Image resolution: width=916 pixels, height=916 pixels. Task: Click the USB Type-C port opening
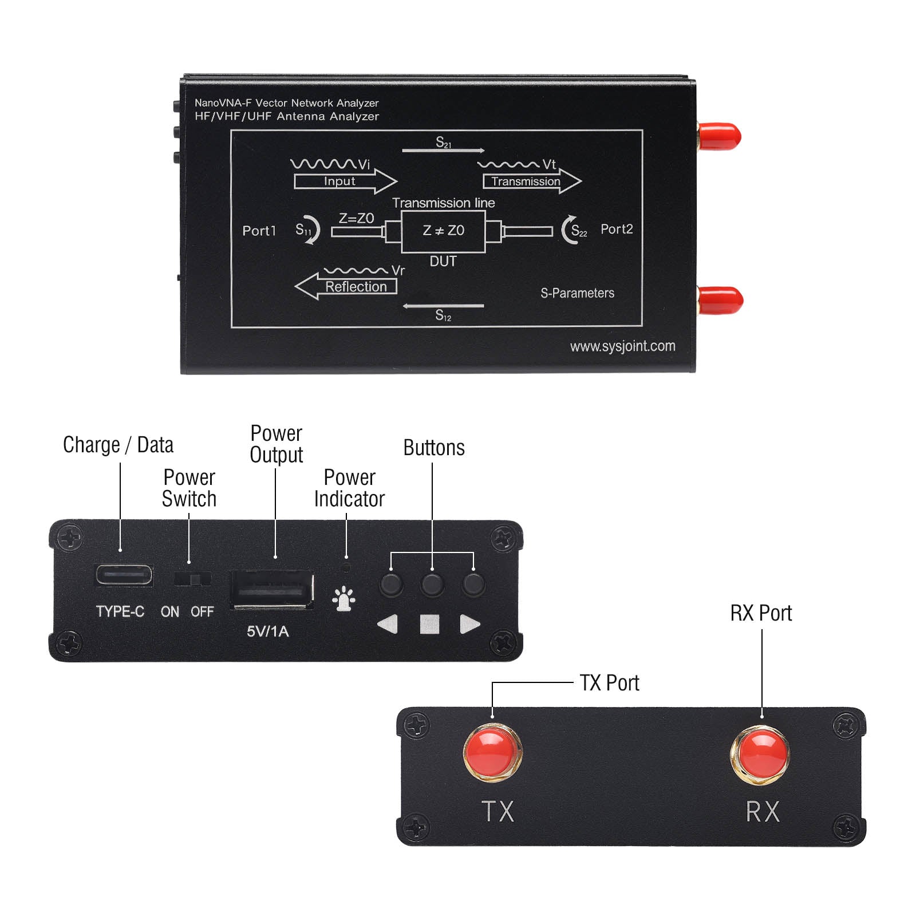click(x=124, y=575)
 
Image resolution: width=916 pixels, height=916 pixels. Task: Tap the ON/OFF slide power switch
click(x=193, y=579)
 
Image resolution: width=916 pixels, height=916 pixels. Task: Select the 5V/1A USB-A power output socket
click(x=272, y=589)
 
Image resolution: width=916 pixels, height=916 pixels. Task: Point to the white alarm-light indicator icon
click(x=343, y=599)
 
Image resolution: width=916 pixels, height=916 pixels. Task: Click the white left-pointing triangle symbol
click(x=388, y=624)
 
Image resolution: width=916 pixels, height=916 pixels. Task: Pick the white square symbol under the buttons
click(x=429, y=624)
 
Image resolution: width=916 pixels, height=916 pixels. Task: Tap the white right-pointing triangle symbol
click(x=469, y=624)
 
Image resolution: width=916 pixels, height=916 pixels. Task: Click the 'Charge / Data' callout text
click(x=118, y=445)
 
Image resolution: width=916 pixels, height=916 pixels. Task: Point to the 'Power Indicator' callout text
click(x=349, y=488)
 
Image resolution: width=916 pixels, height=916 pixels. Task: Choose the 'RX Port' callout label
click(x=761, y=613)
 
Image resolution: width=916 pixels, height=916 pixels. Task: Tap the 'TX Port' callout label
click(x=609, y=683)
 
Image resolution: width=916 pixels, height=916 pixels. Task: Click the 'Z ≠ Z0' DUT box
click(x=443, y=231)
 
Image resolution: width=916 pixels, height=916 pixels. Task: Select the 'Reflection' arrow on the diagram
click(x=346, y=286)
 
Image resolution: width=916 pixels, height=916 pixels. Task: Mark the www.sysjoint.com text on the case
click(x=622, y=346)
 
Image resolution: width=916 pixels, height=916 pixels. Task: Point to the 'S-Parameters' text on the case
click(x=577, y=293)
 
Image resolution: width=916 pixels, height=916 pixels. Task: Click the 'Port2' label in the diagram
click(x=617, y=229)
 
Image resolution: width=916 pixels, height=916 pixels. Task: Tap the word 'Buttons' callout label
click(x=434, y=448)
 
